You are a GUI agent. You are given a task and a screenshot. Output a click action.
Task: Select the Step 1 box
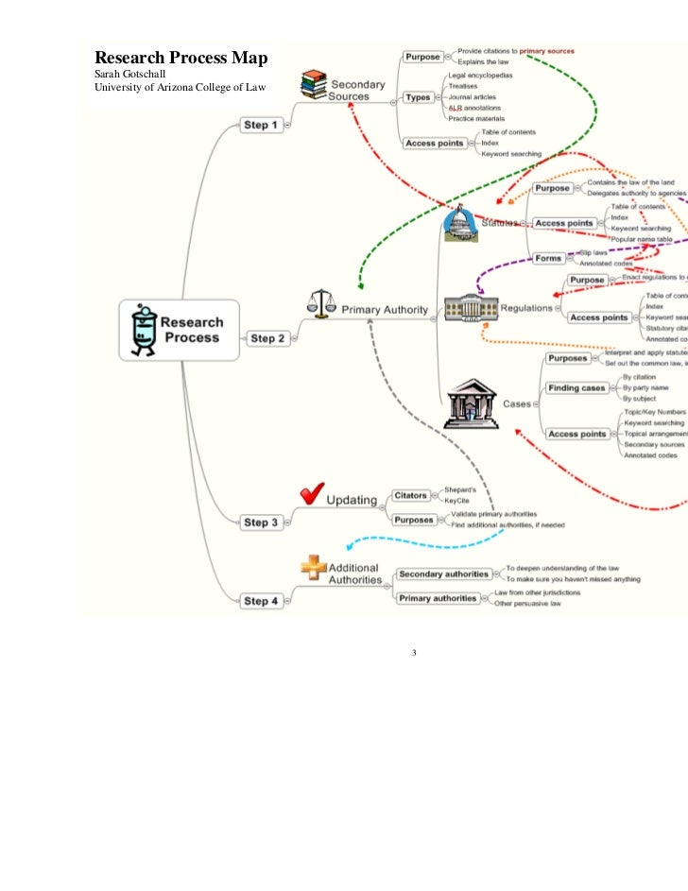(x=261, y=125)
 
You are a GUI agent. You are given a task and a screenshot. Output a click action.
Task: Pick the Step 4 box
(x=261, y=600)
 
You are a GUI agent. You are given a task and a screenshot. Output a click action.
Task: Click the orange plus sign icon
(x=313, y=567)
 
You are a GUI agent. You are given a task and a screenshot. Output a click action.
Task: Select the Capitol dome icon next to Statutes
(x=461, y=224)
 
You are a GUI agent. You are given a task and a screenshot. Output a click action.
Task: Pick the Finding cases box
(x=576, y=387)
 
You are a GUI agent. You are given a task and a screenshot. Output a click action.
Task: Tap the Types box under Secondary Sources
(x=418, y=97)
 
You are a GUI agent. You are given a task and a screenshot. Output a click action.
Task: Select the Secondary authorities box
(x=443, y=574)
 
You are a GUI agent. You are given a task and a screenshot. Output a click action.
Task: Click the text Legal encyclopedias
(x=481, y=75)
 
